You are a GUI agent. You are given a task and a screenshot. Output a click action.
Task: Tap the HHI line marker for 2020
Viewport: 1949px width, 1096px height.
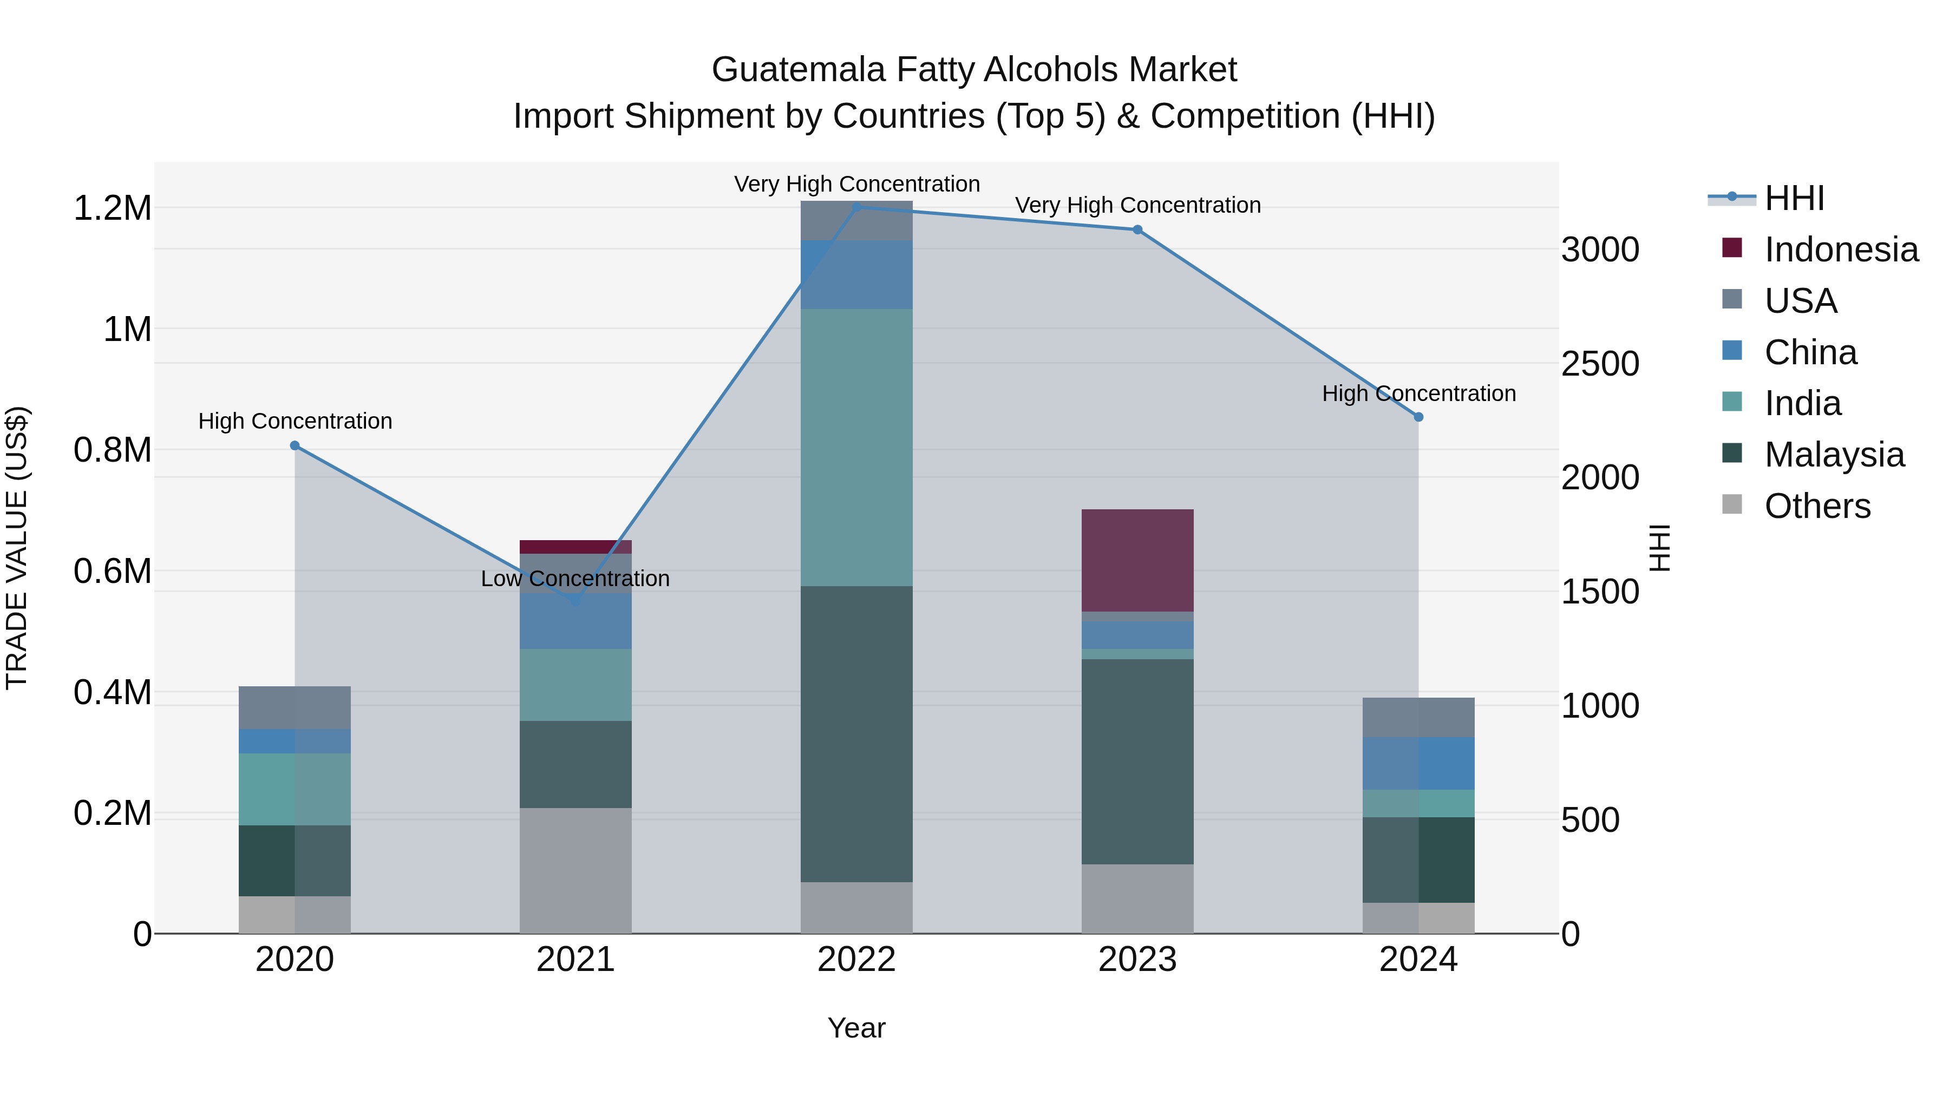tap(295, 445)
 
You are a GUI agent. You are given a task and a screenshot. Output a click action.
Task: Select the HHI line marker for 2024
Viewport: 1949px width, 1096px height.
tap(1418, 417)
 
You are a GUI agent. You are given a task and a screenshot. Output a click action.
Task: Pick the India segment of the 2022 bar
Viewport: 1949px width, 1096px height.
tap(856, 447)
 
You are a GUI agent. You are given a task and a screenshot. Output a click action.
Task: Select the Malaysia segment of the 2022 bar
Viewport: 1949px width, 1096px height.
tap(856, 734)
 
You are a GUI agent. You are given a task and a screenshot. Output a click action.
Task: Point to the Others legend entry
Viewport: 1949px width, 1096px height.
tap(1816, 506)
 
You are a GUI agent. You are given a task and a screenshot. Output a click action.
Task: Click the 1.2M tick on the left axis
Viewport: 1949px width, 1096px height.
tap(113, 208)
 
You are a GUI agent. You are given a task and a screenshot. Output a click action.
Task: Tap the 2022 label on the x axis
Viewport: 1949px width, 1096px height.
tap(856, 960)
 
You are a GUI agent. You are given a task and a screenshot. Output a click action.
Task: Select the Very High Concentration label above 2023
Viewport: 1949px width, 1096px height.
tap(1137, 205)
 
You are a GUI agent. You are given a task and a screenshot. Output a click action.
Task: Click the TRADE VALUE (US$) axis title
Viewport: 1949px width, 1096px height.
tap(17, 548)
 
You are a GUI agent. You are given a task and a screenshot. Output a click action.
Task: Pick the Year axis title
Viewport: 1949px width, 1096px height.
tap(856, 1028)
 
